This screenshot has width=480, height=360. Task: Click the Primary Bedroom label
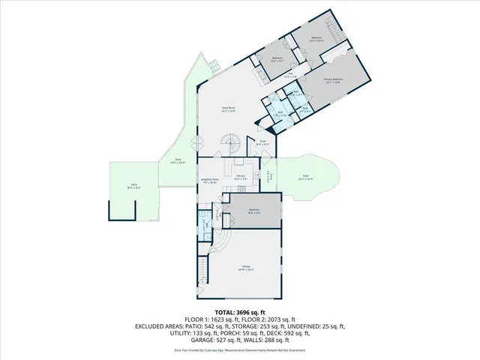tap(333, 80)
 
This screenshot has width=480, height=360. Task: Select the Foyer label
tap(263, 142)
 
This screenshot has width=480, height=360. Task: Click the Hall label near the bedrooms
tap(289, 76)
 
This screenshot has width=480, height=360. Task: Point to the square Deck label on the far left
tap(133, 188)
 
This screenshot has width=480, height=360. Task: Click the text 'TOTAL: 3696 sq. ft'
tap(239, 312)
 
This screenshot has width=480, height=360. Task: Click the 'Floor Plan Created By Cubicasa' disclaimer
tap(240, 350)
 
